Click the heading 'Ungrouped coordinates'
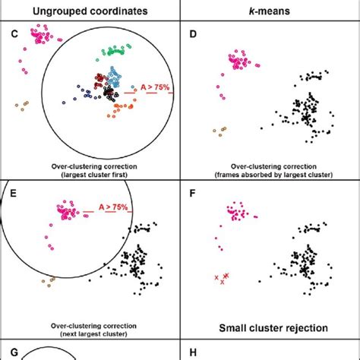(x=89, y=9)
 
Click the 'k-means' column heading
(x=270, y=9)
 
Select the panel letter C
(x=10, y=33)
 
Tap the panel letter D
(x=191, y=33)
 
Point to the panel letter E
(x=10, y=194)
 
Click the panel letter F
(x=191, y=194)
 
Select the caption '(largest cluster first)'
(x=90, y=175)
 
